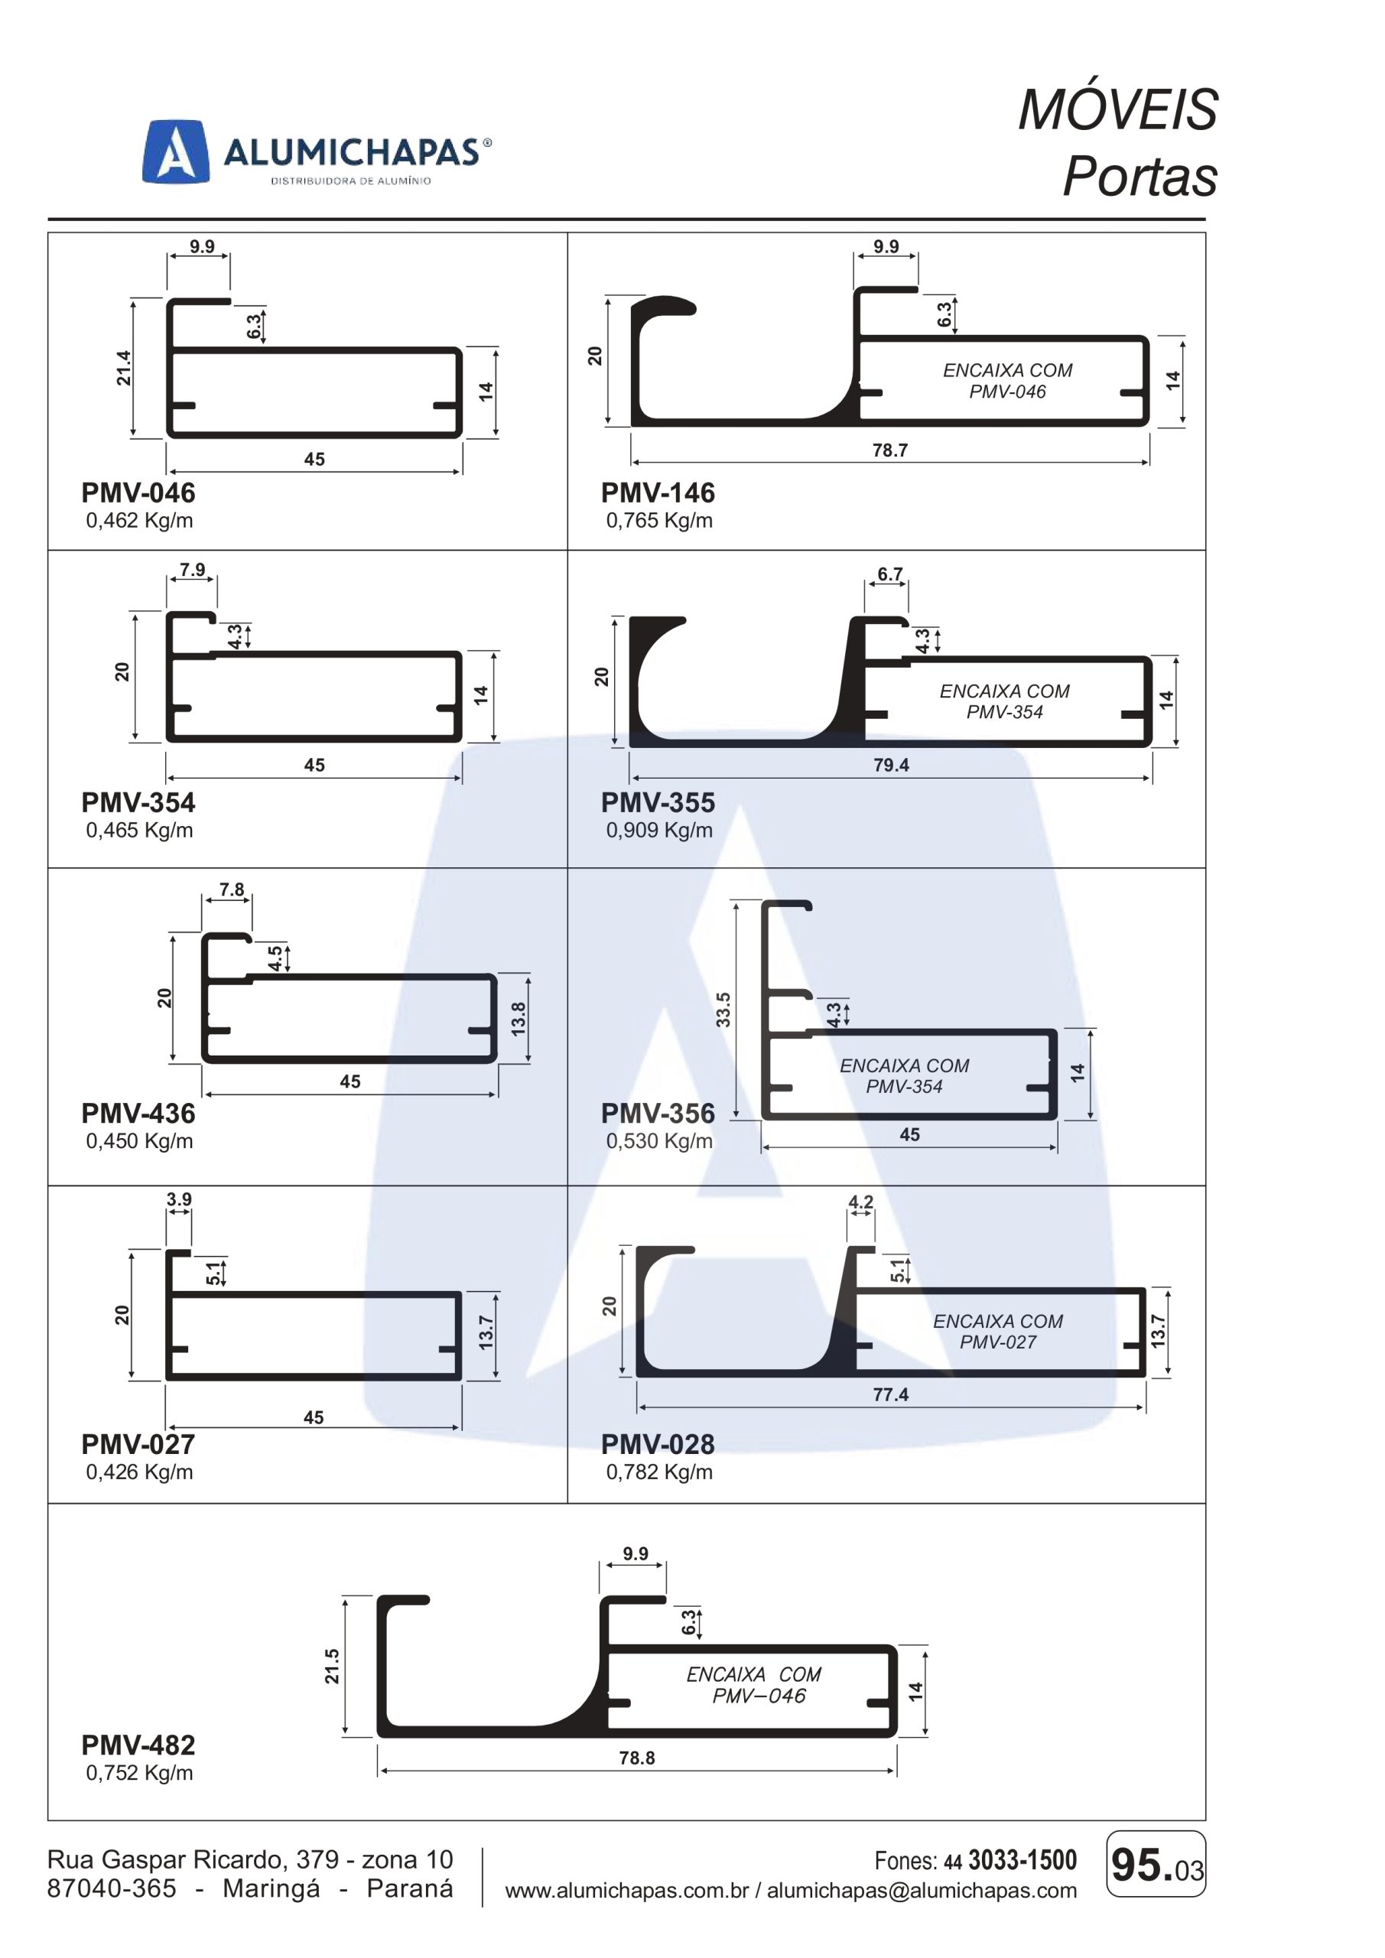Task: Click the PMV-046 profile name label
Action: [x=138, y=492]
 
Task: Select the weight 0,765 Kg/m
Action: [x=659, y=520]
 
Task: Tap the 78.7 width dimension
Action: [x=889, y=450]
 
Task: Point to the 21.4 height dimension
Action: [x=124, y=368]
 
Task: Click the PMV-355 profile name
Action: [x=658, y=802]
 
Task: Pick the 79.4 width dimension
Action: [x=890, y=765]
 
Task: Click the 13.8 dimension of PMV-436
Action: [x=518, y=1019]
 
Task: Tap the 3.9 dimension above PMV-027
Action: [x=179, y=1199]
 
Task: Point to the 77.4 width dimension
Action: [x=890, y=1394]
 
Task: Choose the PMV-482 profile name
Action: [x=138, y=1745]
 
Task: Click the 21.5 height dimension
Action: [x=332, y=1666]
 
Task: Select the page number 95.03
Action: [x=1156, y=1865]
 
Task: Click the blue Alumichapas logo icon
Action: [x=175, y=151]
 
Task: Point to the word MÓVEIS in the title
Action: [x=1118, y=109]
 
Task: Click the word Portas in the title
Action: [x=1140, y=176]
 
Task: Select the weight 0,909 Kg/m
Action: [x=659, y=830]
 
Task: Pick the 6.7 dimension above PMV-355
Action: [x=889, y=574]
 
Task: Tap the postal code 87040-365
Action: [x=112, y=1888]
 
